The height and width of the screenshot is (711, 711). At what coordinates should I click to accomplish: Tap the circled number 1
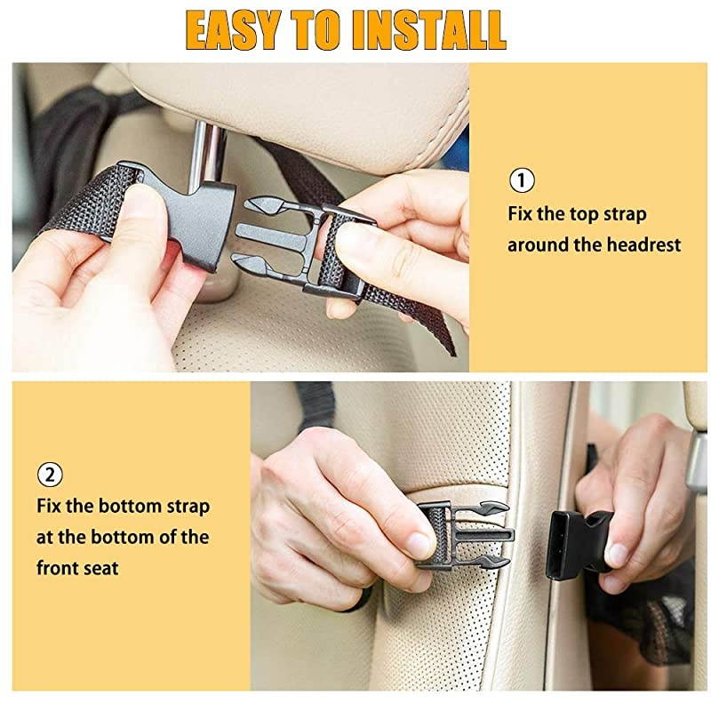pyautogui.click(x=521, y=181)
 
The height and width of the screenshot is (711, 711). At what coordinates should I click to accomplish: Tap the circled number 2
pyautogui.click(x=49, y=474)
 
